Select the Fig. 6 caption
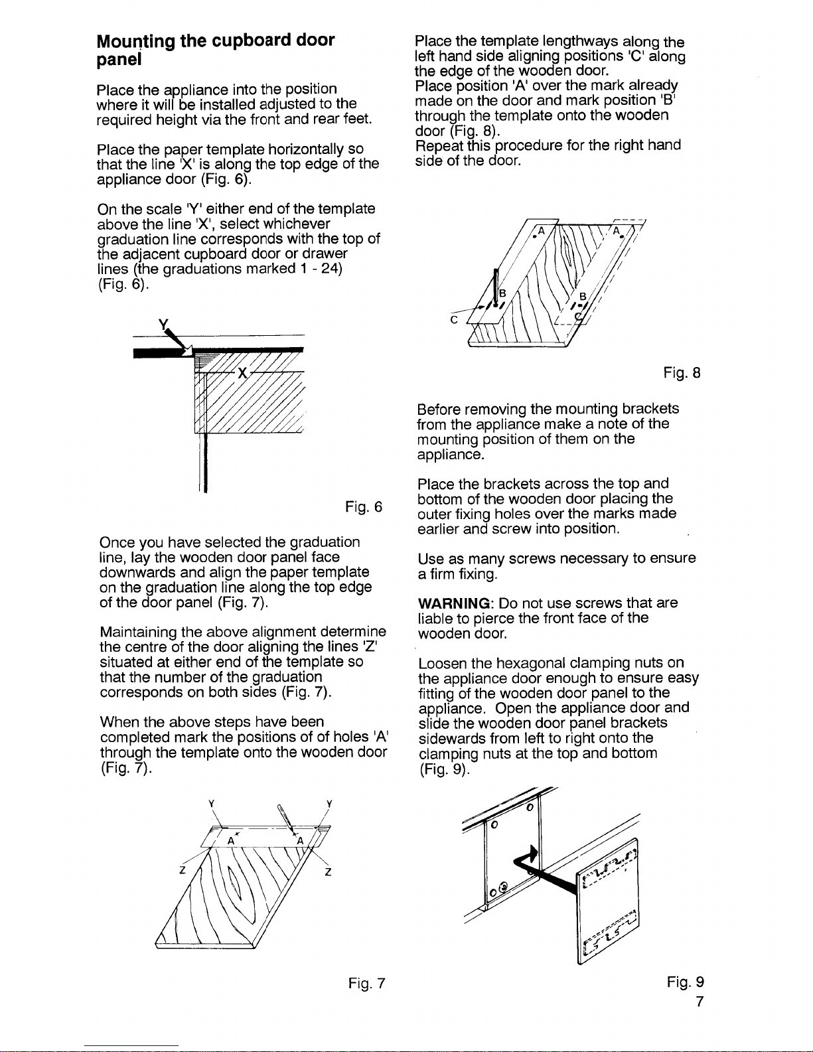click(363, 508)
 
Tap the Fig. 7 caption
click(366, 983)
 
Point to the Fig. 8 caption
click(682, 374)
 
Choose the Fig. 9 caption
click(685, 982)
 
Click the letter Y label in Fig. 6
click(162, 325)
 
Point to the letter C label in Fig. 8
click(454, 319)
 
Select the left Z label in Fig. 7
click(181, 871)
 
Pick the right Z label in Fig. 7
click(329, 872)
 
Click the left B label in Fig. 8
click(502, 293)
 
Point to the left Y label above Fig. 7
click(210, 803)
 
